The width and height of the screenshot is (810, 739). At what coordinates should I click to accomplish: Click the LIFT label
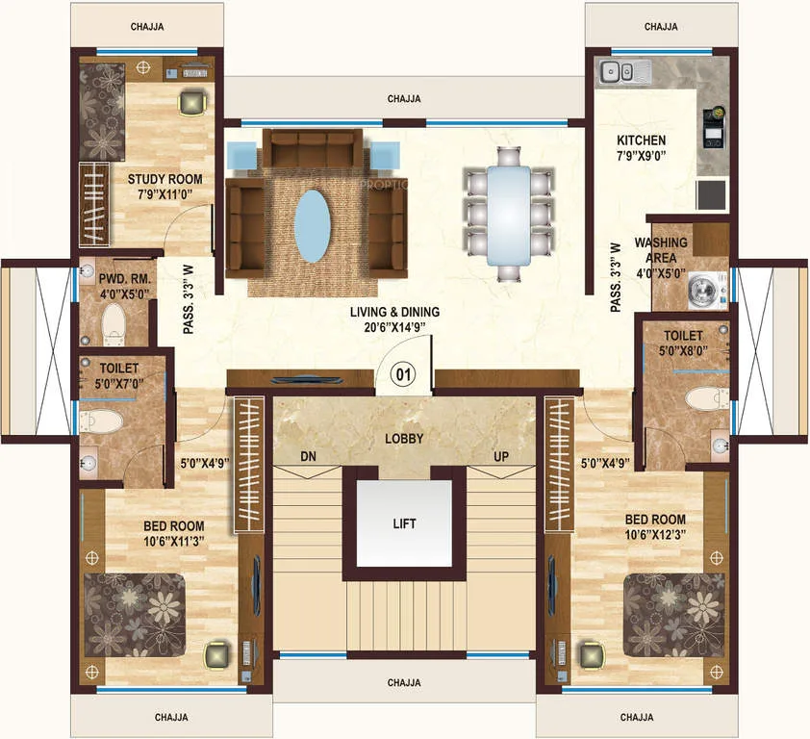(404, 523)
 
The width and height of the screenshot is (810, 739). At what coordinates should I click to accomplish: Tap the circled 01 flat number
(403, 373)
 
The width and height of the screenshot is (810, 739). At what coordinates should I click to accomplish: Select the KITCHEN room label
(641, 140)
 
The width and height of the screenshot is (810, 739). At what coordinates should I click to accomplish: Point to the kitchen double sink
(617, 71)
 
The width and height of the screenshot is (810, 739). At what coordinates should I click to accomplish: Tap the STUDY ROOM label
(165, 179)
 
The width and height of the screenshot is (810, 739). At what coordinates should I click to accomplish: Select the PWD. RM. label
(124, 279)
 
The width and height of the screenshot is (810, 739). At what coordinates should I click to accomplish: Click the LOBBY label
(404, 439)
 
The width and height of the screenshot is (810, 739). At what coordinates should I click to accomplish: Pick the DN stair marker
(309, 457)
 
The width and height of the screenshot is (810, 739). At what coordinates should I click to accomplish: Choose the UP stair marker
(500, 457)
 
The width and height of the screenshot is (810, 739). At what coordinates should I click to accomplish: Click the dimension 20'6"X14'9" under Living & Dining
(394, 327)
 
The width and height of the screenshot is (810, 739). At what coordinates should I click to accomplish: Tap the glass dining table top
(509, 216)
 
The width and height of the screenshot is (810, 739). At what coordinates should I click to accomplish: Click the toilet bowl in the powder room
(114, 323)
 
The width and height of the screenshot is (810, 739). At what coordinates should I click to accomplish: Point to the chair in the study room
(192, 102)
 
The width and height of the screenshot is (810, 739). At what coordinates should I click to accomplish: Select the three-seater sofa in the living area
(313, 148)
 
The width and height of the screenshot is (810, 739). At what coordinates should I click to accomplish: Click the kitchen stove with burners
(714, 127)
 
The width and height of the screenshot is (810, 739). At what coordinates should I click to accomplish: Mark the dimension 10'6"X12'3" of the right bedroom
(655, 535)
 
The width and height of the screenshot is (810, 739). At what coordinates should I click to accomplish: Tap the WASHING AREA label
(661, 249)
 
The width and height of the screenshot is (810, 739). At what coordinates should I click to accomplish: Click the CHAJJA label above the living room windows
(404, 99)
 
